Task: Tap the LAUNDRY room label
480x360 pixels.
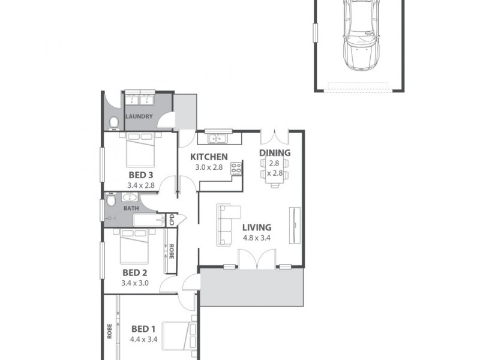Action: (x=139, y=116)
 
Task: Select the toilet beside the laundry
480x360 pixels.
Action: (x=114, y=123)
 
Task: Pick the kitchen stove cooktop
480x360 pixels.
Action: (x=236, y=168)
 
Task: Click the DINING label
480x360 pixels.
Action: (x=275, y=152)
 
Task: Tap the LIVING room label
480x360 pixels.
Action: (x=257, y=227)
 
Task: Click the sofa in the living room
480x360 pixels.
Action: (x=226, y=224)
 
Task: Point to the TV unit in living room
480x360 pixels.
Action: (x=295, y=225)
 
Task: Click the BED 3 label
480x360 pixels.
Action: (x=141, y=175)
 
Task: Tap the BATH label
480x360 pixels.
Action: (x=131, y=208)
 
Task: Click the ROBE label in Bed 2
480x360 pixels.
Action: (x=171, y=251)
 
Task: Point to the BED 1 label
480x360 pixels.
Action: (x=143, y=329)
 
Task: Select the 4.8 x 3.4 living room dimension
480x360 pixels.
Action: (x=257, y=238)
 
